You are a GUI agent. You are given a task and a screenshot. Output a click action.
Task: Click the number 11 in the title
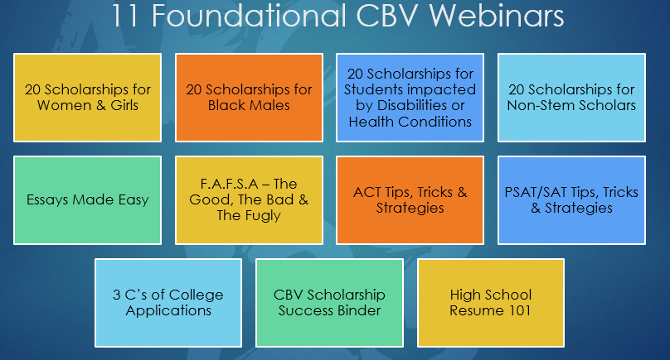124,16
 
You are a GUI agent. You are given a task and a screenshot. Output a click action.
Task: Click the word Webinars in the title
497,16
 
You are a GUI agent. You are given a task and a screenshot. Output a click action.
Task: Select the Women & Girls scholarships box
88,98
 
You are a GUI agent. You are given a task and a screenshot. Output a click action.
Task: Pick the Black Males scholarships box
249,98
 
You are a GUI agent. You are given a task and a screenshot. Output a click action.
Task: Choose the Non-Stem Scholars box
571,98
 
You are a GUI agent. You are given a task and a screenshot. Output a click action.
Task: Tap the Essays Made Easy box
88,200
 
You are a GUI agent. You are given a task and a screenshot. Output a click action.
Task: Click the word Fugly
263,216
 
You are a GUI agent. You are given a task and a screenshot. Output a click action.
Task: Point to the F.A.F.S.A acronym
229,184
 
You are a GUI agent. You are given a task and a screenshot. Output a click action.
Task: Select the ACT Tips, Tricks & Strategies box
410,200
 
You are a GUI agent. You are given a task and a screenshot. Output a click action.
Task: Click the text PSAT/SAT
536,192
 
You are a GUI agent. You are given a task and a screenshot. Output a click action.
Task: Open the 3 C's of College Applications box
168,303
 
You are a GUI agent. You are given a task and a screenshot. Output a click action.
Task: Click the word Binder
358,310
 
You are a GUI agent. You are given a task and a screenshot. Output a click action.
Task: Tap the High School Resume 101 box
491,303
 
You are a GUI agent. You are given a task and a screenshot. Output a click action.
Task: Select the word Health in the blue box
371,122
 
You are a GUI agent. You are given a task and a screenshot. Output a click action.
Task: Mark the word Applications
168,311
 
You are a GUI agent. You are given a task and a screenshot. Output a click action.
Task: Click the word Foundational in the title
249,16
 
